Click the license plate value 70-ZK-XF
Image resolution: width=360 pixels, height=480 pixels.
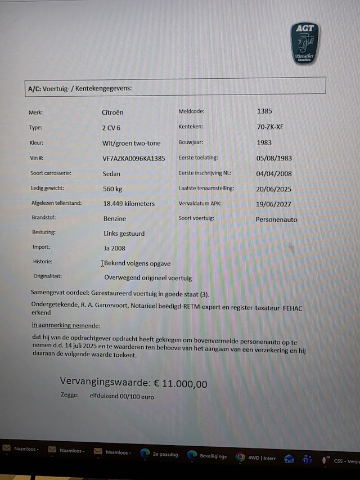tap(270, 127)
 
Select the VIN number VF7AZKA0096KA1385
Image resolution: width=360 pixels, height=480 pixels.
tap(134, 159)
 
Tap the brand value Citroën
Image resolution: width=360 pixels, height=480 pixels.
tap(113, 112)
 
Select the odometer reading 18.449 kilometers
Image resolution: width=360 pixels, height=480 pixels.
tap(129, 203)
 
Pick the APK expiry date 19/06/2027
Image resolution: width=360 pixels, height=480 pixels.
tap(274, 204)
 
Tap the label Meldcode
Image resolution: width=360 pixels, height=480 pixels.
tap(191, 111)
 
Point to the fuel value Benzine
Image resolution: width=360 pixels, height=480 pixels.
tap(115, 218)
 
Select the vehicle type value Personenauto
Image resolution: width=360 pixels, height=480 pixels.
tap(276, 219)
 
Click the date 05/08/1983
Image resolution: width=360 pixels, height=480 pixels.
tap(274, 158)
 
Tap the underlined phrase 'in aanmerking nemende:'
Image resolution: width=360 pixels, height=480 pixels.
tap(66, 325)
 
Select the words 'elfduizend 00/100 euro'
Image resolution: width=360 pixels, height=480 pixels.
tap(121, 397)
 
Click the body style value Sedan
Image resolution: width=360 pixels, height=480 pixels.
tap(111, 174)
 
